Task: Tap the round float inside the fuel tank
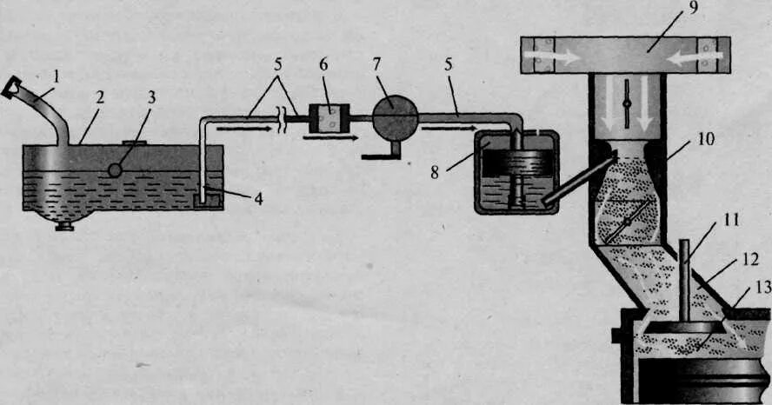(115, 170)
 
